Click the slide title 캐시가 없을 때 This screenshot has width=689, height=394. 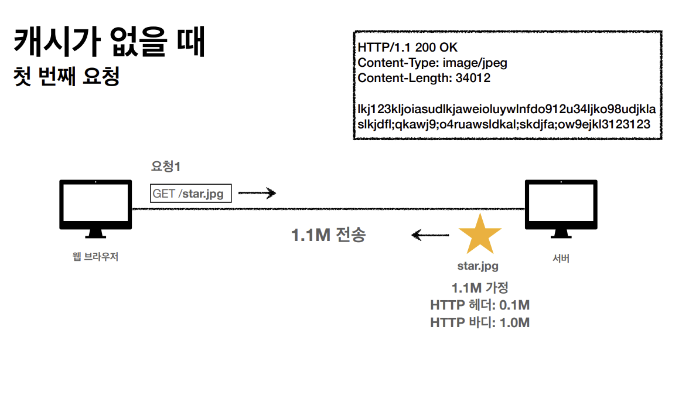tap(109, 42)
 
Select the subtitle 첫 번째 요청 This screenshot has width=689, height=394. tap(67, 77)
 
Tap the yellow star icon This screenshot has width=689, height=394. tap(479, 235)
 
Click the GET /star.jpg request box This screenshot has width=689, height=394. tap(191, 193)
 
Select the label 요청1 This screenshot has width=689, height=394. tap(166, 167)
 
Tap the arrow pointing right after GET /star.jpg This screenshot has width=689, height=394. tap(257, 193)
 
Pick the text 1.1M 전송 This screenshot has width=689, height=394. tap(328, 235)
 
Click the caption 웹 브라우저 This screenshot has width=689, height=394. tap(95, 257)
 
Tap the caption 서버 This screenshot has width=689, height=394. tap(561, 259)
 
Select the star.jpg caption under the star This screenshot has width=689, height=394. tap(478, 266)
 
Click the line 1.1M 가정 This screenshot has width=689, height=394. tap(479, 288)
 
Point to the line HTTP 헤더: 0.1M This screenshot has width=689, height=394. tap(479, 305)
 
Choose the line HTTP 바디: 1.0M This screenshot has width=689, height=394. tap(479, 322)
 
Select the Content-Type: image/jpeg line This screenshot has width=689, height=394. tap(432, 63)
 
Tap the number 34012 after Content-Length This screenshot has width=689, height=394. tap(473, 78)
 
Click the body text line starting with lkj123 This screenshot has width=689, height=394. tap(506, 110)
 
